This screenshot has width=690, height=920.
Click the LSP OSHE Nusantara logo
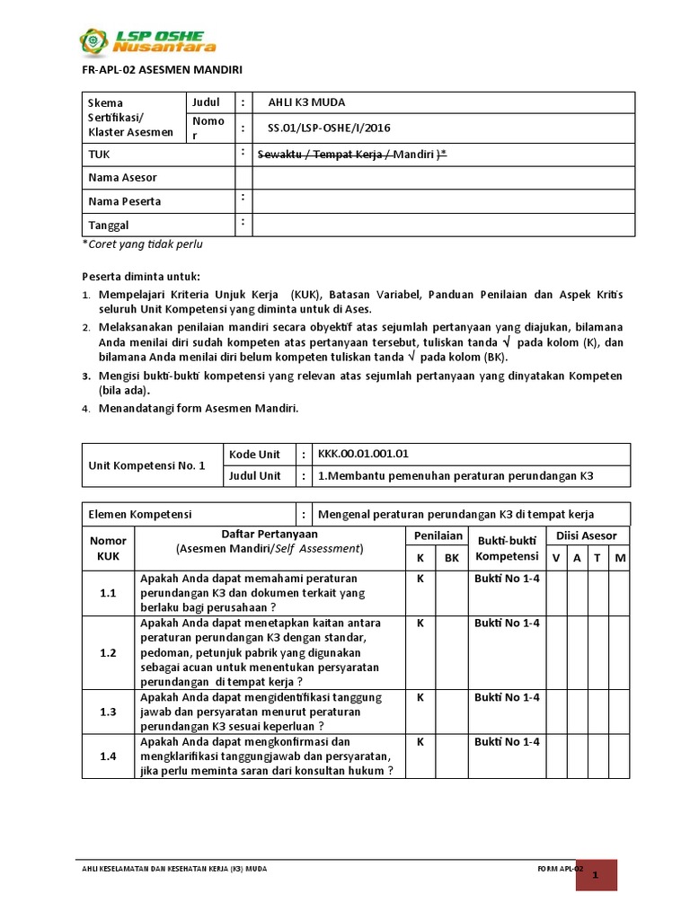(148, 41)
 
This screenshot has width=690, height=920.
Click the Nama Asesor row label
(122, 178)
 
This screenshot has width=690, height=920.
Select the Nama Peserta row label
(124, 201)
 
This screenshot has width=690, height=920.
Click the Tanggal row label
(108, 225)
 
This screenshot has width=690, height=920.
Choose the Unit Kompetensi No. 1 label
(146, 465)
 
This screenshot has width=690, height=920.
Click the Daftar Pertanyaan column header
(270, 535)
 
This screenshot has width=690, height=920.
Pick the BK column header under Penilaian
(451, 558)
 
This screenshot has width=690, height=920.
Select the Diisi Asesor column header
(587, 535)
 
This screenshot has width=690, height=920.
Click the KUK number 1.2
(108, 653)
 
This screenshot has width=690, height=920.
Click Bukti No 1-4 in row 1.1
(507, 579)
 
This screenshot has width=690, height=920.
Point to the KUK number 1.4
(108, 756)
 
